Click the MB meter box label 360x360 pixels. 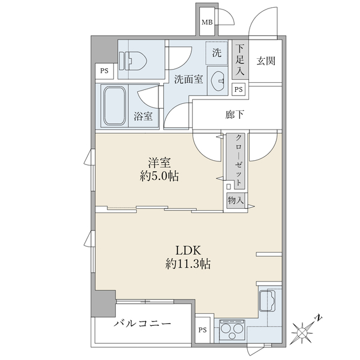tap(207, 22)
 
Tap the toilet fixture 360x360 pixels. tap(133, 61)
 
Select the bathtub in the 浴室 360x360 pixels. tap(115, 106)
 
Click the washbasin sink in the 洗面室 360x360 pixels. tap(218, 80)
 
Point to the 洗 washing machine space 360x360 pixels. tap(217, 53)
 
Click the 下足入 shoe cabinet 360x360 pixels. tap(240, 59)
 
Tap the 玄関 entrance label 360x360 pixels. tap(266, 61)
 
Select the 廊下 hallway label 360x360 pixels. tap(235, 115)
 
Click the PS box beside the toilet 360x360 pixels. tap(104, 71)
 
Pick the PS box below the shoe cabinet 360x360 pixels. tap(239, 89)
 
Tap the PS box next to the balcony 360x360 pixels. tap(202, 330)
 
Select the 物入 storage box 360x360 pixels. tap(236, 200)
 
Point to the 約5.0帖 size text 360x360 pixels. tap(160, 176)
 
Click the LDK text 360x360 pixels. tap(188, 250)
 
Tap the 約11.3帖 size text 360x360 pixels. tap(188, 263)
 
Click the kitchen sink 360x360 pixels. tap(267, 301)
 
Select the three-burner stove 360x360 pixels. tap(232, 330)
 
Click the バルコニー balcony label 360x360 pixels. tap(142, 324)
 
